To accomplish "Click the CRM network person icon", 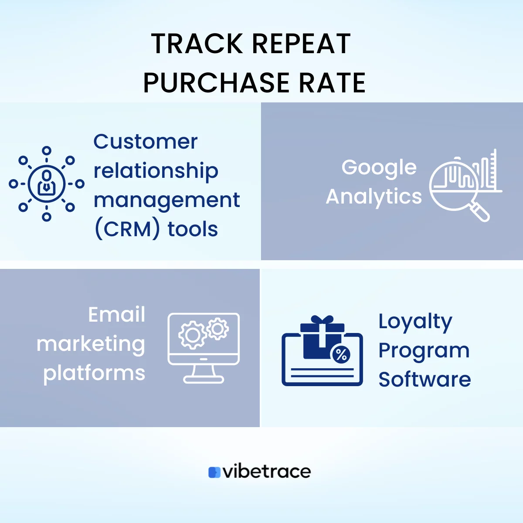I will pos(47,183).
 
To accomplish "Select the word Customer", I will pos(146,142).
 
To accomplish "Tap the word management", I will pos(166,200).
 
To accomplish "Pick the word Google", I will pos(379,168).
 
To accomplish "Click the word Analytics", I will pos(374,197).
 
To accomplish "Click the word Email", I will pos(117,315).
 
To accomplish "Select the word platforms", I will pos(94,373).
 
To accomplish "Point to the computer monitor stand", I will pos(204,374).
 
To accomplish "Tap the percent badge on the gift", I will pos(341,355).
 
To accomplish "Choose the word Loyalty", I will pos(415,322).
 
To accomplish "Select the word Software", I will pos(425,379).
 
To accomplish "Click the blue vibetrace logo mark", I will pos(214,472).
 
